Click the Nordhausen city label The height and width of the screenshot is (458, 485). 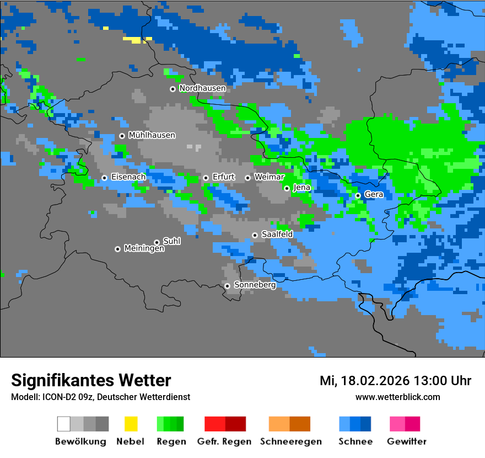tap(202, 88)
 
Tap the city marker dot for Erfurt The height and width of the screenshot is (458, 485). tap(206, 178)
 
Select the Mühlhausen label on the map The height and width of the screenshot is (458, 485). tap(152, 135)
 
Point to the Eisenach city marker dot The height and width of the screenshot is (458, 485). tap(104, 178)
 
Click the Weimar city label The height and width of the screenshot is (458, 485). tap(270, 177)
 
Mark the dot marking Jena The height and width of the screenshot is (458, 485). tap(287, 188)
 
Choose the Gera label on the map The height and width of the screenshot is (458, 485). tap(374, 195)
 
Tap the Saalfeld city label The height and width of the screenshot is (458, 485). tap(277, 235)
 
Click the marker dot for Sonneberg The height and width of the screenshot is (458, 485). tap(227, 286)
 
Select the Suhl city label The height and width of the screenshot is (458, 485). tap(171, 241)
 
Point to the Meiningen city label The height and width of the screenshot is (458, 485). tap(144, 249)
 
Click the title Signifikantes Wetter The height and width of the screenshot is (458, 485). tap(91, 380)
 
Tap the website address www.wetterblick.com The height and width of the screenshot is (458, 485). tap(397, 397)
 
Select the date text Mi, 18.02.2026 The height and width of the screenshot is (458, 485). tap(363, 381)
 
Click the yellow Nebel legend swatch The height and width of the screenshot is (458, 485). tap(131, 424)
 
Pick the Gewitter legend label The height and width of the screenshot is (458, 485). tap(406, 441)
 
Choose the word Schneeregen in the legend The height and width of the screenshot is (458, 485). tap(290, 441)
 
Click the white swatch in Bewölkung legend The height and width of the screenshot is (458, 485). tap(63, 424)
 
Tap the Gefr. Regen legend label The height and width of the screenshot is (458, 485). tap(224, 441)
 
